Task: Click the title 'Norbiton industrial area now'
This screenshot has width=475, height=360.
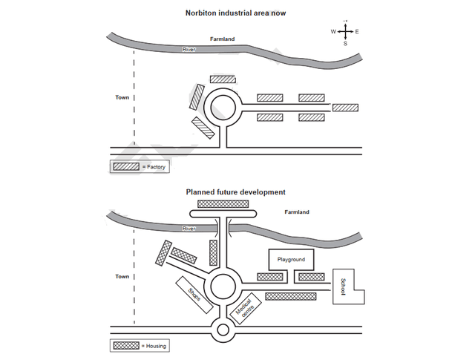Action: [x=236, y=13]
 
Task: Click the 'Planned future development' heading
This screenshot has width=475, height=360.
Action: [x=236, y=192]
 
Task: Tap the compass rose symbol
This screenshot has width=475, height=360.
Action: [x=345, y=32]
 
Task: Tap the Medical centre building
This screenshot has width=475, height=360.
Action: [x=245, y=310]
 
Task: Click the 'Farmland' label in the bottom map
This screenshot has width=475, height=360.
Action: [x=297, y=212]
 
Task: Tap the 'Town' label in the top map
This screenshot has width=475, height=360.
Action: [x=122, y=97]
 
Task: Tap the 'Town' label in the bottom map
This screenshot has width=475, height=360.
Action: [x=122, y=276]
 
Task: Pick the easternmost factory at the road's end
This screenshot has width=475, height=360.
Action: [x=345, y=108]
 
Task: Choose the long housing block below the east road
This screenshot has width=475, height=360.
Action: [x=292, y=296]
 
